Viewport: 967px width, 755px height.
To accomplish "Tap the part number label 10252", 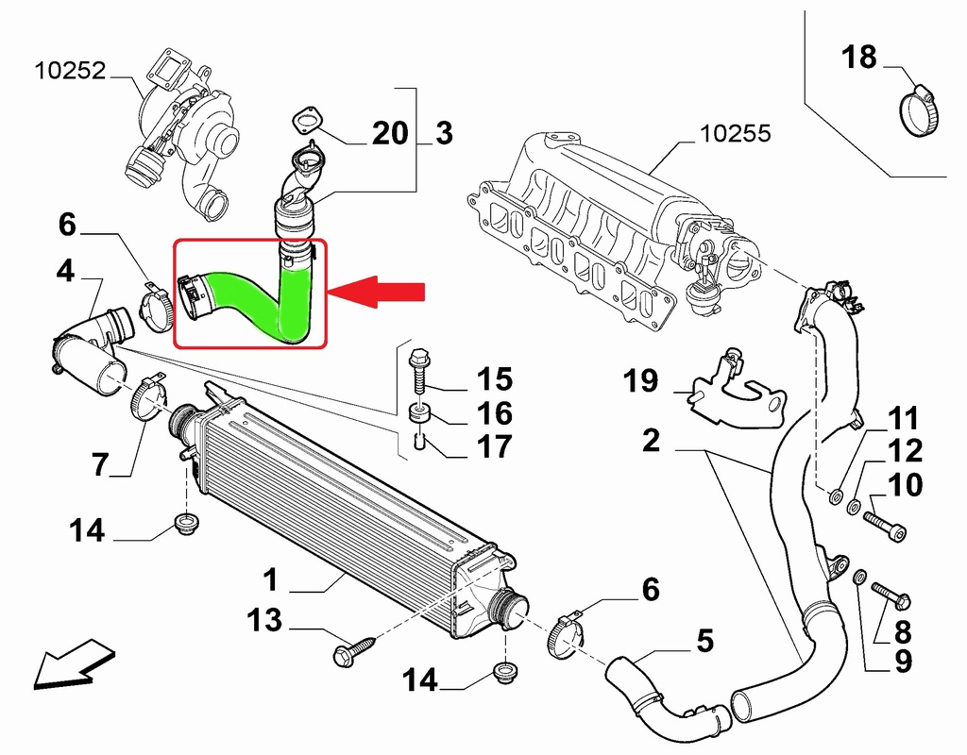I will pyautogui.click(x=71, y=71).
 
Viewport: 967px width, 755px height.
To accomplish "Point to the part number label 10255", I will pyautogui.click(x=736, y=133).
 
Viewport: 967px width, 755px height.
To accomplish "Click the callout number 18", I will pyautogui.click(x=859, y=58).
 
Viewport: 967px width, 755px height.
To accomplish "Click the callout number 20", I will pyautogui.click(x=388, y=133).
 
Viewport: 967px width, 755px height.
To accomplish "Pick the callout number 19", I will pyautogui.click(x=640, y=382).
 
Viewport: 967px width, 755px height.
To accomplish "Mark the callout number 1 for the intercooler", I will pyautogui.click(x=270, y=577).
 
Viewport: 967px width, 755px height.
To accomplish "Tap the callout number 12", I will pyautogui.click(x=904, y=451).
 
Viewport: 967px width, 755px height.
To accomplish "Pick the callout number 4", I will pyautogui.click(x=64, y=272).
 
